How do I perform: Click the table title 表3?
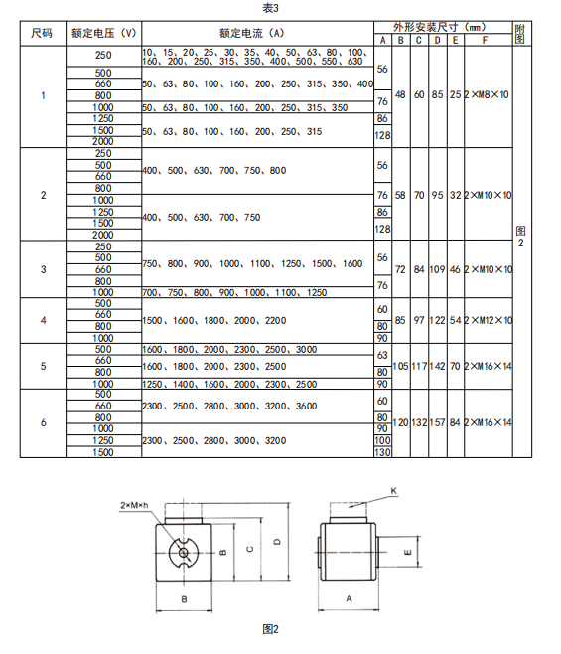tap(270, 8)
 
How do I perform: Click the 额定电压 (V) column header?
tap(104, 33)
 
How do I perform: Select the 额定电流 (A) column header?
tap(252, 33)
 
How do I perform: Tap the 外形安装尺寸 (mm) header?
tap(440, 28)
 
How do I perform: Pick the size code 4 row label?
tap(44, 320)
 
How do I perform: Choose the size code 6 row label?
tap(44, 422)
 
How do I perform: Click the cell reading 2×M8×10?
tap(487, 94)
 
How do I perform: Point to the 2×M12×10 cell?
tap(489, 320)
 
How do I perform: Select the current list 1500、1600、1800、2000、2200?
tap(214, 320)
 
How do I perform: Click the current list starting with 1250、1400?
tap(229, 384)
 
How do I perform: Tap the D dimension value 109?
tap(437, 269)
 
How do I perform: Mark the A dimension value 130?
tap(382, 452)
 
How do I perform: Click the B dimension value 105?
tap(400, 366)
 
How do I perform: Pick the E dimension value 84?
tap(455, 422)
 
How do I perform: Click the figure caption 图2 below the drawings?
tap(270, 629)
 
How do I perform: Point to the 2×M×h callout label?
tap(134, 505)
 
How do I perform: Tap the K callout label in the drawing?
tap(394, 491)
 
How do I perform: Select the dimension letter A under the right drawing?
tap(349, 599)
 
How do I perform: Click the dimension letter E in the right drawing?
tap(408, 553)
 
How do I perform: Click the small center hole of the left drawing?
tap(183, 553)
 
